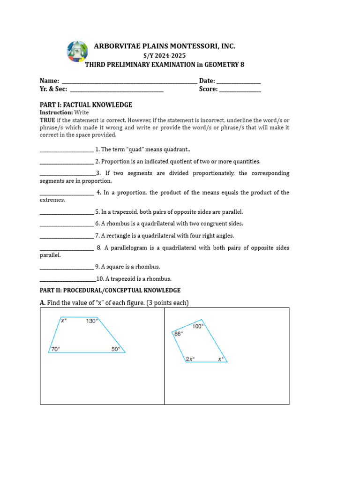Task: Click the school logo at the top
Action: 77,51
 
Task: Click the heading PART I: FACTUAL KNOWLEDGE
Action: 86,105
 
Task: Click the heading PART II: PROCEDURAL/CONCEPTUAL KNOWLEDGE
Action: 110,291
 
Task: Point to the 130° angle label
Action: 92,321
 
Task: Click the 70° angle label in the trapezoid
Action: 55,349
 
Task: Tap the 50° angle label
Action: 116,349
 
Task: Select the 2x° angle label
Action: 190,359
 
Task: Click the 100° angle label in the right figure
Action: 198,326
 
